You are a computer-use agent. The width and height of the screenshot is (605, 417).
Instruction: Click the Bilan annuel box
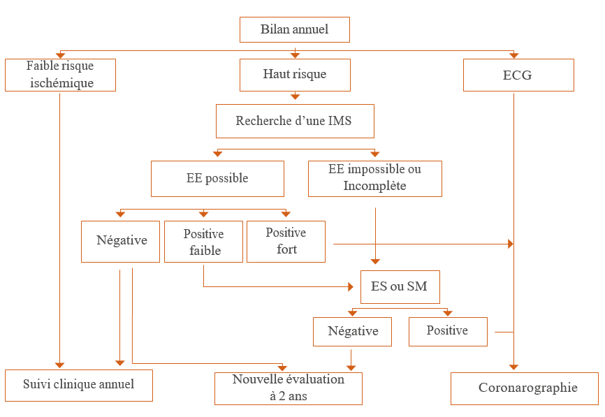click(294, 29)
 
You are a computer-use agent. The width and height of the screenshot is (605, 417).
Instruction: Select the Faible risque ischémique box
click(60, 75)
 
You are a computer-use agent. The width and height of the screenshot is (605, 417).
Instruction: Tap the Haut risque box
click(295, 75)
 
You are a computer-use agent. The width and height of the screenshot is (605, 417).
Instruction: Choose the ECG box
click(518, 75)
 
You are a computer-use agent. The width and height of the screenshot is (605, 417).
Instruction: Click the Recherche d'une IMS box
click(295, 122)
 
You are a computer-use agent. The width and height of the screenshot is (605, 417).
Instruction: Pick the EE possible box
click(217, 178)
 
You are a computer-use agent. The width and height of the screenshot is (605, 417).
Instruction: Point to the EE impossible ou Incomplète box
click(375, 178)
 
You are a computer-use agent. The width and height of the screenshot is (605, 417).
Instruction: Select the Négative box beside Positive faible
click(120, 241)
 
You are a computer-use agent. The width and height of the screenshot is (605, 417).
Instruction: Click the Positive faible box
click(203, 241)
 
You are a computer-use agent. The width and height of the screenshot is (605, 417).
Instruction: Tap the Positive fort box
click(286, 241)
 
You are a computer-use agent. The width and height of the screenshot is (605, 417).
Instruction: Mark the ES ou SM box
click(400, 286)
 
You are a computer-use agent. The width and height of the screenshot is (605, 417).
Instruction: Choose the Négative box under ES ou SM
click(353, 331)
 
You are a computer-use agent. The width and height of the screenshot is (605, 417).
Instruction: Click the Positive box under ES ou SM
click(448, 331)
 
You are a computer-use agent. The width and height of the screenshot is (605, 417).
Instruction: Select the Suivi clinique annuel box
click(78, 385)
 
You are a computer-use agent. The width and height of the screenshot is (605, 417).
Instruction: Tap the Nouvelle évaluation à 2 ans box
click(288, 388)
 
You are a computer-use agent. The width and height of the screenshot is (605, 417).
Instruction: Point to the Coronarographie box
click(524, 388)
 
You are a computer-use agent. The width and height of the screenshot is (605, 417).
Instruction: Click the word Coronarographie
click(528, 388)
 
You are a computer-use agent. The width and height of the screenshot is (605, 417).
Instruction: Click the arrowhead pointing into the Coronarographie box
click(514, 367)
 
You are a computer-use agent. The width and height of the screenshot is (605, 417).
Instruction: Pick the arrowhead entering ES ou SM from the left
click(351, 286)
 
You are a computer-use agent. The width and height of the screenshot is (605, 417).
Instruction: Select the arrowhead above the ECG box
click(514, 55)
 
